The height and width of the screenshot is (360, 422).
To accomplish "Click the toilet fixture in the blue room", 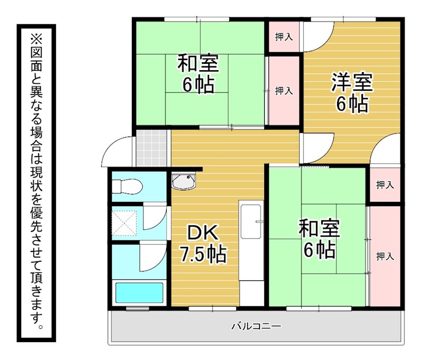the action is [127, 186].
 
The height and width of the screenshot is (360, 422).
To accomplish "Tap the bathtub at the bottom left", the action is [139, 293].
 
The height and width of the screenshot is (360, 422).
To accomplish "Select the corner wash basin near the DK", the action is [184, 181].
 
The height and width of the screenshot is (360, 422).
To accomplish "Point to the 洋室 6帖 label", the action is [352, 92].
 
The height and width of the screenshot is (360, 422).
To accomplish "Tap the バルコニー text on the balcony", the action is [256, 326].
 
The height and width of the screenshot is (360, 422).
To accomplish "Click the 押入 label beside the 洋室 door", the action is [284, 37].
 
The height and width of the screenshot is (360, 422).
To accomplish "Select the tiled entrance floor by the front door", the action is [152, 148].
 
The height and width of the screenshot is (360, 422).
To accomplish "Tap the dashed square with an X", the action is [124, 223].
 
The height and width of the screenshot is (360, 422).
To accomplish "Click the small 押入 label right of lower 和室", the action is [385, 184].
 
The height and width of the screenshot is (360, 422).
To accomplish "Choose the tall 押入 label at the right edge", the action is [385, 257].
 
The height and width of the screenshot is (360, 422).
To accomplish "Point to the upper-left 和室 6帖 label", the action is [198, 74].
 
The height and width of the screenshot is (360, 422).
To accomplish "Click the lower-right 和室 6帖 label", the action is [320, 239].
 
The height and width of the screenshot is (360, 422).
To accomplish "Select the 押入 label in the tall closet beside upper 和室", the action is [284, 91].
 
